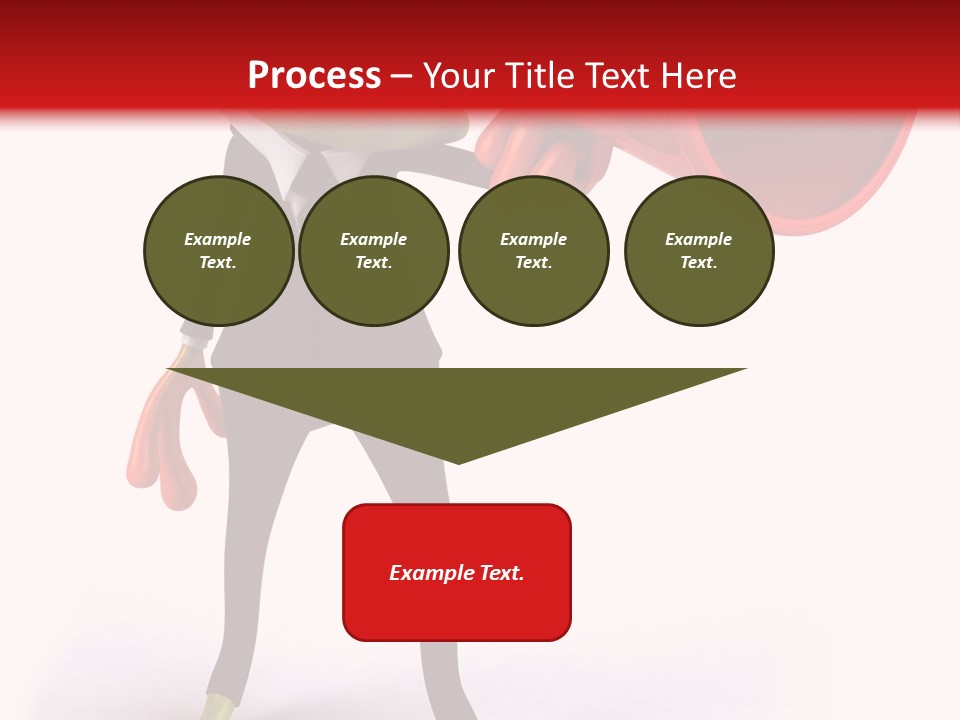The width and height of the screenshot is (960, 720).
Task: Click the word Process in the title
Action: point(314,76)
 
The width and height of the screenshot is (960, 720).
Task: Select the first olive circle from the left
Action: point(218,251)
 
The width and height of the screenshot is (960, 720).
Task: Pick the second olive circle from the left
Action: point(374,251)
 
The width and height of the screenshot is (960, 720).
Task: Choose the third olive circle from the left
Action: point(533,251)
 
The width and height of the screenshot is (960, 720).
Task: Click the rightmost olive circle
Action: point(699,251)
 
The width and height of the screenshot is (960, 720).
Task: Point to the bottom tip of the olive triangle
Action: point(458,461)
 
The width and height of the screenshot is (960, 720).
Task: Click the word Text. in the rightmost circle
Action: point(699,263)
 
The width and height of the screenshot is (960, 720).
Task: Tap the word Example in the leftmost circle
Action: point(218,239)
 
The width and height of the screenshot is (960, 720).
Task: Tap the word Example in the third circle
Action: point(533,239)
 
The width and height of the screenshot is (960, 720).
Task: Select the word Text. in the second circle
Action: point(374,263)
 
